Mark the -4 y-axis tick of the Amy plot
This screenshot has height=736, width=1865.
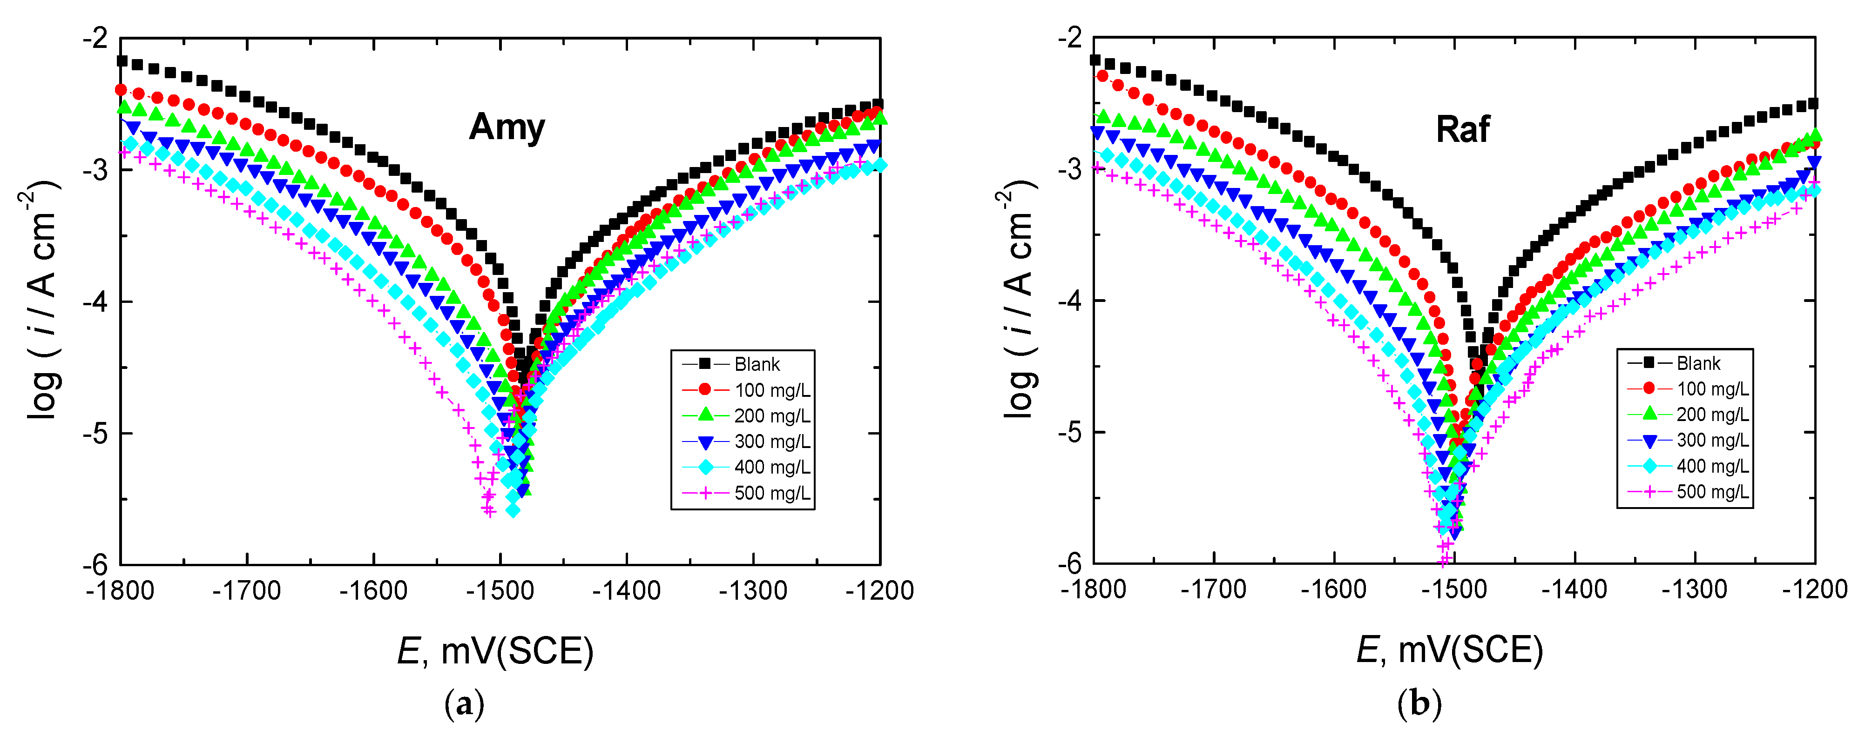(x=95, y=301)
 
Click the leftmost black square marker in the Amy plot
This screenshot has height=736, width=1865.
(x=122, y=61)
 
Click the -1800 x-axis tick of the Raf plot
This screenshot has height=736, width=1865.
(x=1093, y=589)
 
